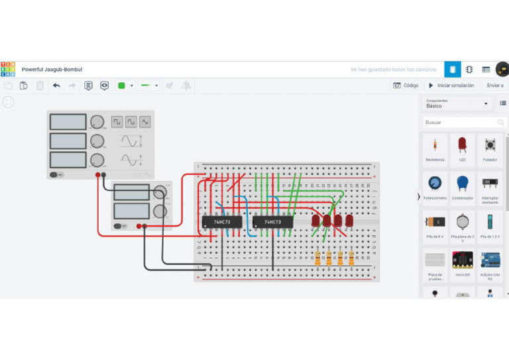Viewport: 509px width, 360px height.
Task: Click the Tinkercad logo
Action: pos(8,69)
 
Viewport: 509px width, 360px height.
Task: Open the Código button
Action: pos(406,86)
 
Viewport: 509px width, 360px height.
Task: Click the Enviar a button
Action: pos(494,86)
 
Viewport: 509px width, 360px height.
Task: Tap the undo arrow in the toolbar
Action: pos(56,86)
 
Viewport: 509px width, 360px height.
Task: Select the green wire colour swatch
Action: pos(121,86)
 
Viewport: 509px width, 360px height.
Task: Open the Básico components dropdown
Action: pos(457,103)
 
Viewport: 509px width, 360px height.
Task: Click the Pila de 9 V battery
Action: pos(435,225)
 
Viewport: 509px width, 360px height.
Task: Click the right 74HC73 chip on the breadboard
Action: pos(272,222)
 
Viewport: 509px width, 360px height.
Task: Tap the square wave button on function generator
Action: pos(117,122)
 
